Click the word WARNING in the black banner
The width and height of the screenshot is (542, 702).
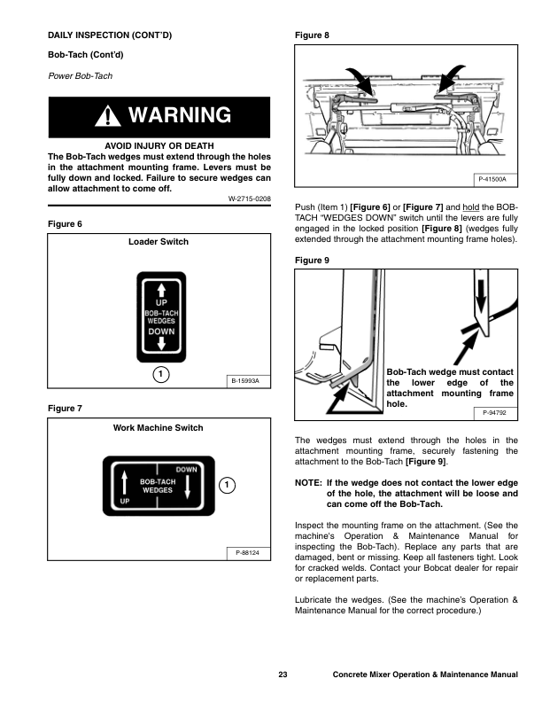tap(180, 116)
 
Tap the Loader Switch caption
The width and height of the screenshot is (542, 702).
tap(159, 242)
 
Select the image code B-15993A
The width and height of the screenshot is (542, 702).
tap(244, 382)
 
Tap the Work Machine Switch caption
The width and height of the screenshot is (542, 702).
tap(159, 428)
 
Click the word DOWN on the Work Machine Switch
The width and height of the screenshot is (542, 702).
tap(187, 469)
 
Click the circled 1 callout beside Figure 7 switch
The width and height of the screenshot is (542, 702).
tap(227, 485)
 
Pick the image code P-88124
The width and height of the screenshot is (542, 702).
tap(247, 553)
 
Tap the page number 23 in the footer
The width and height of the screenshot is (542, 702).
tap(283, 676)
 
